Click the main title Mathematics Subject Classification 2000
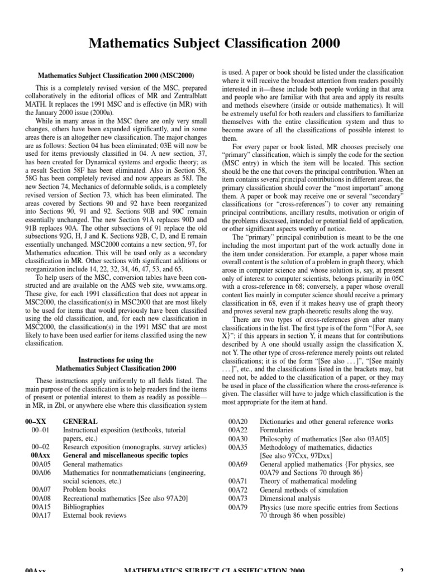click(x=214, y=43)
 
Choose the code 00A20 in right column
click(x=239, y=421)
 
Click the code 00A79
click(x=239, y=507)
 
